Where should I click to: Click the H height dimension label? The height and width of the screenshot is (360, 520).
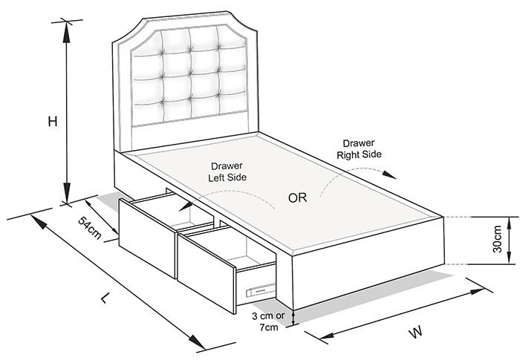[53, 122]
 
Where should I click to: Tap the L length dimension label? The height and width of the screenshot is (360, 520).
[105, 298]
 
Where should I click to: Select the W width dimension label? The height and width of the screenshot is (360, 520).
[416, 332]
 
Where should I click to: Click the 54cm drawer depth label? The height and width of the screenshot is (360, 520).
[89, 228]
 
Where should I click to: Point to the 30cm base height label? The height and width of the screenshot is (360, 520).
[497, 239]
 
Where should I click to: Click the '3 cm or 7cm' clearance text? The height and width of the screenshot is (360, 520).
[268, 321]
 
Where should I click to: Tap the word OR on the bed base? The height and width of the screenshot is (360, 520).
[297, 198]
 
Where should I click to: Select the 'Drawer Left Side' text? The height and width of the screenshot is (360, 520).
[227, 171]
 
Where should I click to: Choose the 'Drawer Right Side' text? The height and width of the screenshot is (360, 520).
[359, 149]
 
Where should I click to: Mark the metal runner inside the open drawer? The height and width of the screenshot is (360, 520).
[261, 290]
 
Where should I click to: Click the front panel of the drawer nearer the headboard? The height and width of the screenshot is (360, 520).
[147, 238]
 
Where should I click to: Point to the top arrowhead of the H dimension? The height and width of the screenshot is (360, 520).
[67, 32]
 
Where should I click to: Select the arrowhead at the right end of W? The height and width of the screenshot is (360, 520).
[477, 292]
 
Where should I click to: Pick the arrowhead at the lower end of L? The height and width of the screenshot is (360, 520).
[197, 341]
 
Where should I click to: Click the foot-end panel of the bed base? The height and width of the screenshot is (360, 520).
[368, 262]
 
